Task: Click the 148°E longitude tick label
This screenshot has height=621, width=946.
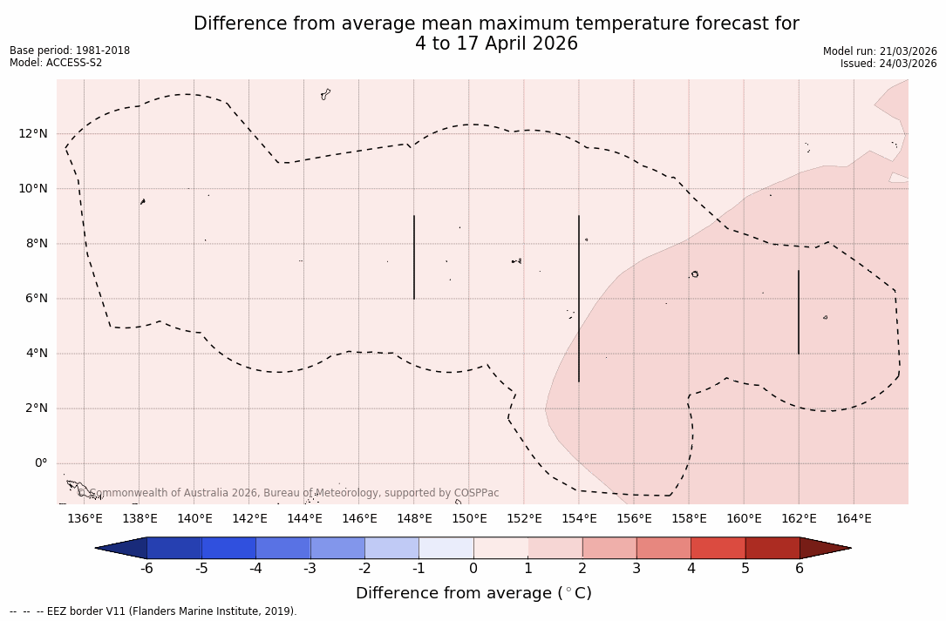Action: tap(414, 519)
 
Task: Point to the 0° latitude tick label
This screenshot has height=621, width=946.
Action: tap(40, 463)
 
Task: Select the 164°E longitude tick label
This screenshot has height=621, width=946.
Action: tap(854, 519)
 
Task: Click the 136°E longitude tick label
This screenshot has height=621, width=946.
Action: tap(85, 519)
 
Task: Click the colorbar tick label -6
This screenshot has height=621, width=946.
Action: tap(146, 569)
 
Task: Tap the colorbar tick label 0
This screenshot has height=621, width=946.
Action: tap(473, 569)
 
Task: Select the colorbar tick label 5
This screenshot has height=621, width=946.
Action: tap(745, 569)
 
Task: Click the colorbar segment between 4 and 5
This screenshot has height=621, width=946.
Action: tap(718, 548)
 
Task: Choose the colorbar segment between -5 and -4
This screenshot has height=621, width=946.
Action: tap(228, 548)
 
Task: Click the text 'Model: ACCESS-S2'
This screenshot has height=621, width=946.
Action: tap(56, 63)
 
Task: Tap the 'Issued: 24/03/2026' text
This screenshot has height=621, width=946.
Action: tap(888, 64)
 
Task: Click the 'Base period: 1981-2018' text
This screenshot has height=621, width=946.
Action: tap(70, 51)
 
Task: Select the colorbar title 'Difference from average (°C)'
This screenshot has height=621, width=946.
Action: tap(473, 593)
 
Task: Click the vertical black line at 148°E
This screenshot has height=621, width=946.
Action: tap(414, 257)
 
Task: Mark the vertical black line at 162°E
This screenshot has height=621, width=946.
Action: tap(799, 312)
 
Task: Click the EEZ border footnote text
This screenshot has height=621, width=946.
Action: tap(153, 611)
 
